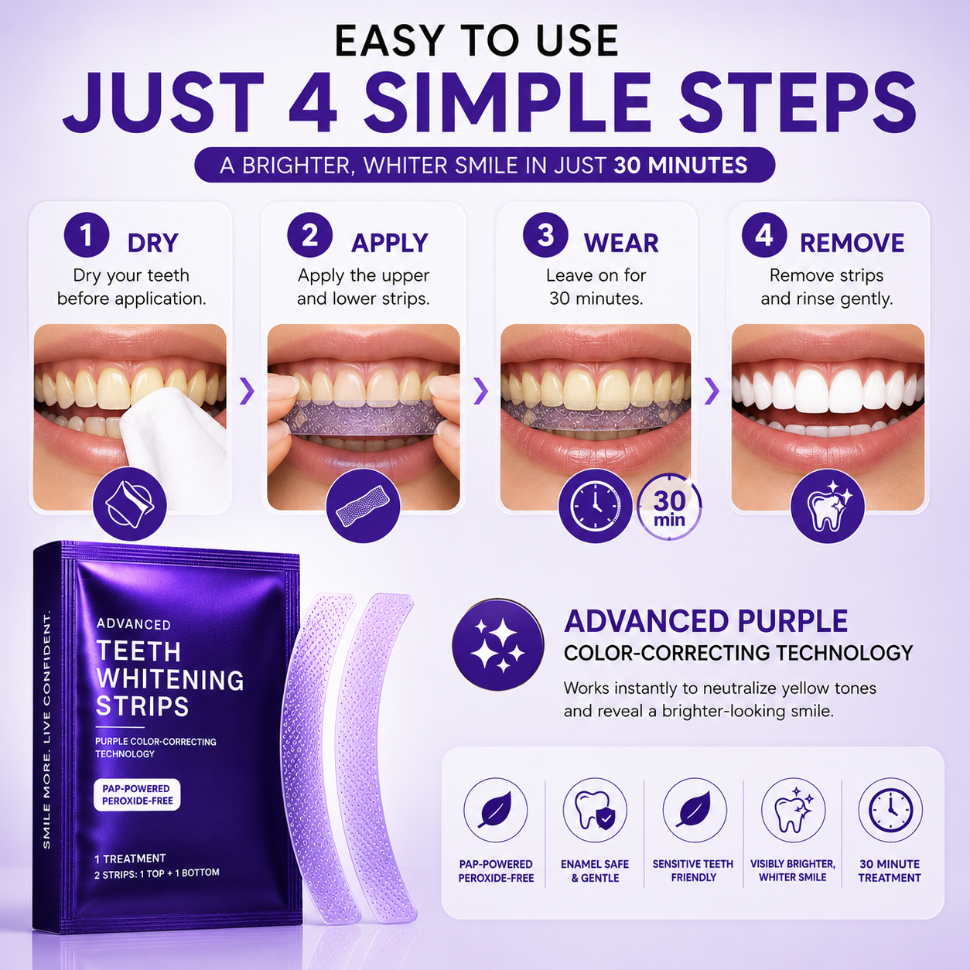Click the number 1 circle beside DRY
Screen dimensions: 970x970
click(x=87, y=235)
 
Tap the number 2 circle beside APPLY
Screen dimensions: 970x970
click(x=309, y=235)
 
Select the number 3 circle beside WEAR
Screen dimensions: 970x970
click(x=545, y=235)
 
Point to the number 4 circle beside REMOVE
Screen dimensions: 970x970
click(x=764, y=235)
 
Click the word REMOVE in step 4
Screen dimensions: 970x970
click(x=852, y=243)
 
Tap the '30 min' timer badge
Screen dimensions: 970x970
click(x=669, y=507)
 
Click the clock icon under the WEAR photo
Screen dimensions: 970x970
click(x=596, y=506)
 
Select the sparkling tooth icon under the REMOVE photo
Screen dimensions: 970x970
click(x=828, y=506)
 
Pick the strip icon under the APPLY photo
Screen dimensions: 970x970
click(x=363, y=506)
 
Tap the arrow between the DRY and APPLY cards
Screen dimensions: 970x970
click(x=247, y=391)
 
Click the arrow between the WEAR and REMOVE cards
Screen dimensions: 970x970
click(x=712, y=391)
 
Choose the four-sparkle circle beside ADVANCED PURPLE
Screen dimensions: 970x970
click(x=498, y=644)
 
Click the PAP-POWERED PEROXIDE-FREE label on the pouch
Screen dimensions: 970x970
click(x=137, y=795)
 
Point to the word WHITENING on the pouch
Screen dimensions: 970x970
click(x=170, y=679)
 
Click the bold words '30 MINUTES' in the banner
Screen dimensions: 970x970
click(x=681, y=166)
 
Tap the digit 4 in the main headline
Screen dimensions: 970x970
click(x=313, y=102)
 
